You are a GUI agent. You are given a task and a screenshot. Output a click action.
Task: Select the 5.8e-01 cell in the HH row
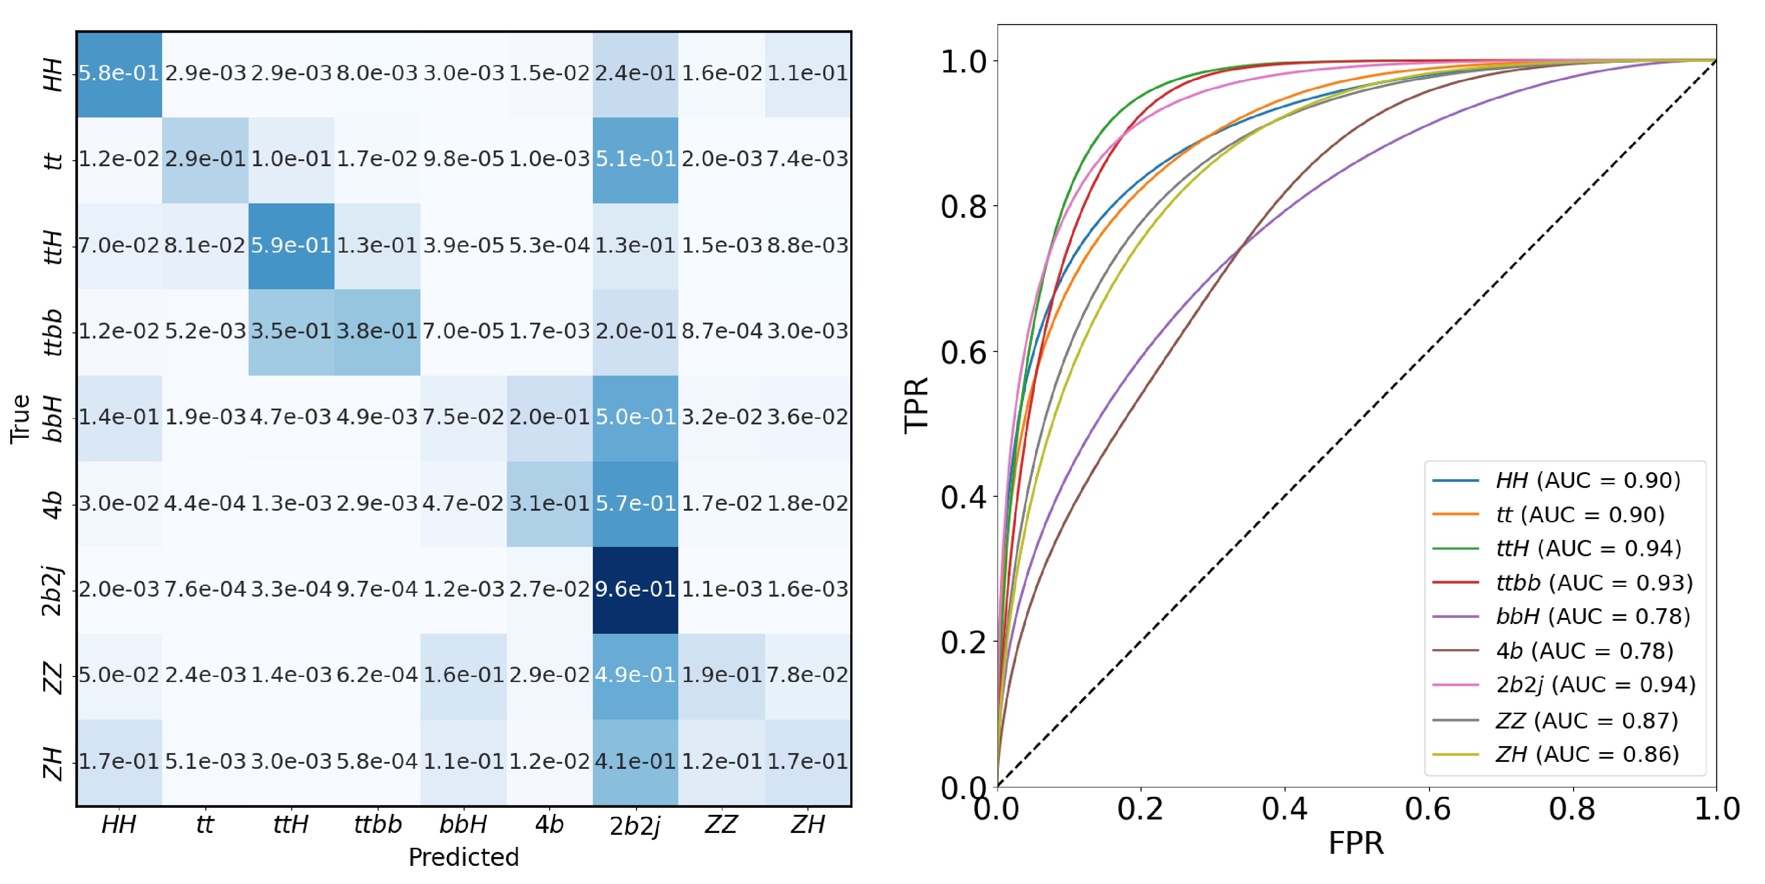(119, 73)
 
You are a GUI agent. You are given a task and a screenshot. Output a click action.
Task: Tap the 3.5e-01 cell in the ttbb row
(291, 331)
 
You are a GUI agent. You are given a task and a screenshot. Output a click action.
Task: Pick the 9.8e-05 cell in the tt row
(463, 159)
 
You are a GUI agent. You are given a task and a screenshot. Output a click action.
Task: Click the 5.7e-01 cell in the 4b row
(635, 503)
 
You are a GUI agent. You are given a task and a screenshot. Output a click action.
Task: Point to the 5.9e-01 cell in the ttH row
(291, 245)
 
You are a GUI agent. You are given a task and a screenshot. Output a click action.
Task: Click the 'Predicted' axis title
(463, 857)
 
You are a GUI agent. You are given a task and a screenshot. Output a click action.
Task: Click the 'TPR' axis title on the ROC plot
(916, 405)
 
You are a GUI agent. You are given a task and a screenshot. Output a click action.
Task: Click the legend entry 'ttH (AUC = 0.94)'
(1588, 548)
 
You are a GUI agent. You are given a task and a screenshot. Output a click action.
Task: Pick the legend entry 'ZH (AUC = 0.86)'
(1587, 754)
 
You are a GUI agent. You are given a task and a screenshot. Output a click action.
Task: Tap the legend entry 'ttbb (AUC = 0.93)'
(1594, 583)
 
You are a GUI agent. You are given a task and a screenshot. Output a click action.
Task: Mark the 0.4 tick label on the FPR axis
(1285, 809)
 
